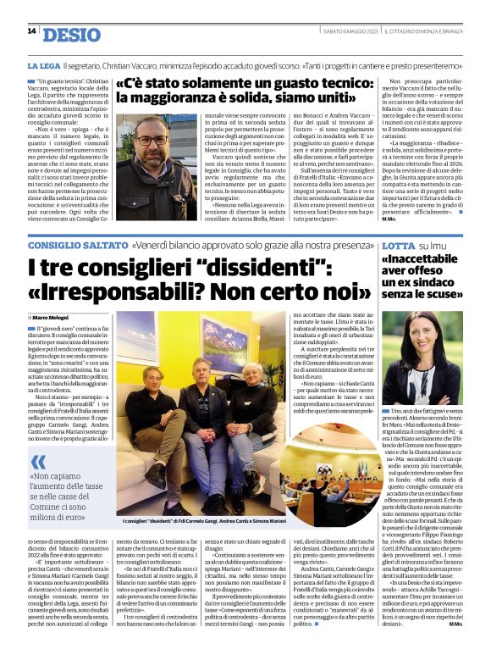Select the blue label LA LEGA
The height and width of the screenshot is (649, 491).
click(42, 65)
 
